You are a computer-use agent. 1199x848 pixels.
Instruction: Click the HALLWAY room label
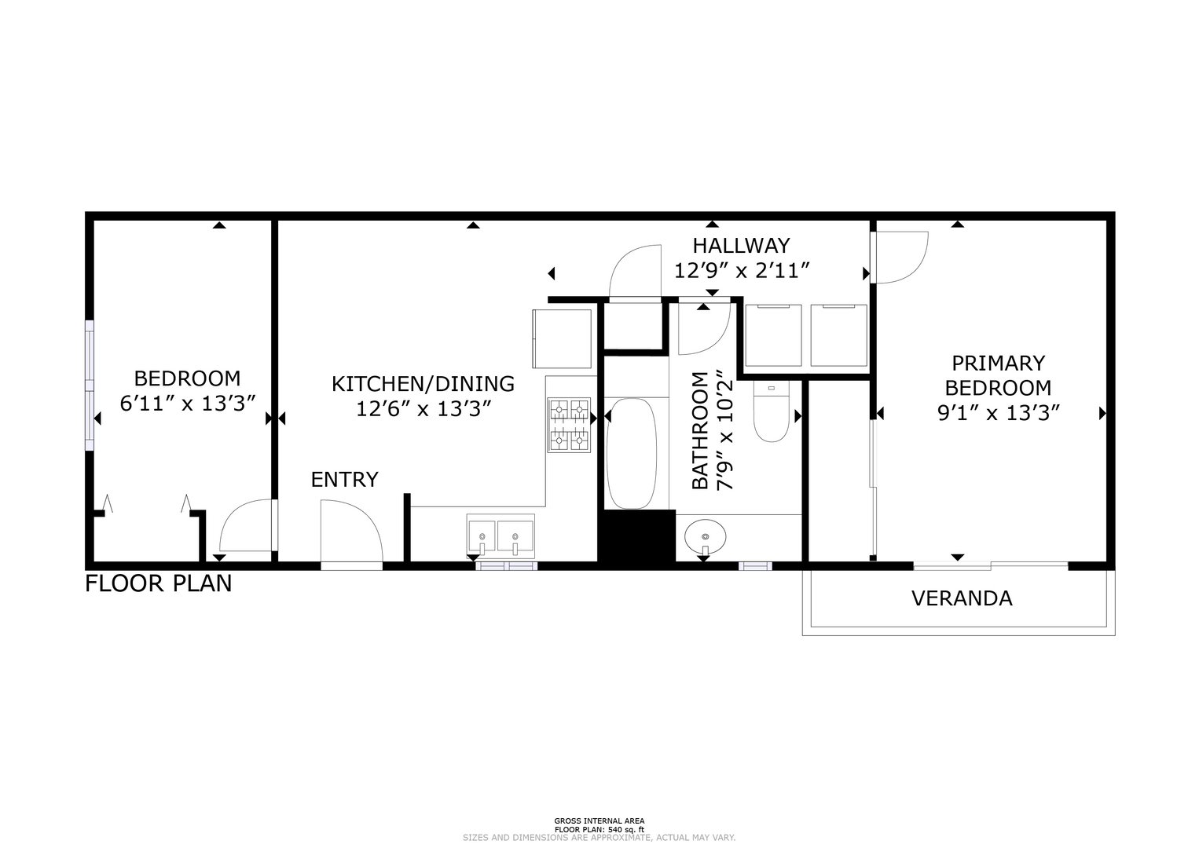(742, 246)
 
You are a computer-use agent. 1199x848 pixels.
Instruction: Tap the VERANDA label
(962, 598)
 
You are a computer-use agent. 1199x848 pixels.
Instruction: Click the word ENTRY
(345, 480)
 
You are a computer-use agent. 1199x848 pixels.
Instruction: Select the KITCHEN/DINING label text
(423, 384)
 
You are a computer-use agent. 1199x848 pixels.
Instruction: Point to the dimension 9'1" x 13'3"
(999, 413)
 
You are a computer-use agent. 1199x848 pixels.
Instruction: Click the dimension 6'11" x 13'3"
(187, 404)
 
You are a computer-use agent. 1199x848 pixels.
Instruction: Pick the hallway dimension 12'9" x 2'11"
(742, 271)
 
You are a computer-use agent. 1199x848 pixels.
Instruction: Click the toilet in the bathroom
(772, 411)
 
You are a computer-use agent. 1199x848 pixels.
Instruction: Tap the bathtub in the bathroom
(632, 453)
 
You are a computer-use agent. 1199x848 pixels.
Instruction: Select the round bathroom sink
(706, 536)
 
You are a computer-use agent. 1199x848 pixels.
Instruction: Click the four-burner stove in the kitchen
(569, 425)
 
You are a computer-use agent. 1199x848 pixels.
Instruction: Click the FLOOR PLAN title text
(159, 583)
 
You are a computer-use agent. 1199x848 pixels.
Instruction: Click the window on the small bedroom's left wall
(90, 386)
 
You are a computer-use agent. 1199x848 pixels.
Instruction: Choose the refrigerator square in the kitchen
(562, 338)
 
